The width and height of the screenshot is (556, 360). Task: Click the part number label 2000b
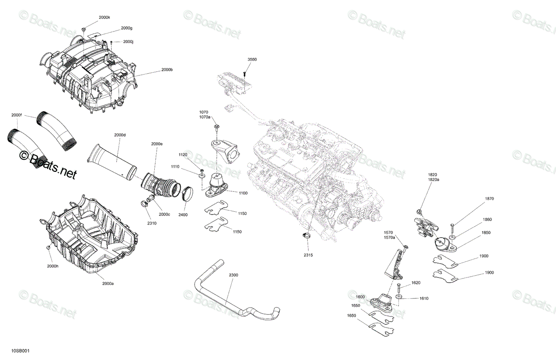[167, 70]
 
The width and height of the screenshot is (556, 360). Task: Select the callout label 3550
[252, 59]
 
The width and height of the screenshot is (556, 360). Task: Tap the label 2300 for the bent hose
[234, 275]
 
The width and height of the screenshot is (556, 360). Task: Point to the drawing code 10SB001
[20, 351]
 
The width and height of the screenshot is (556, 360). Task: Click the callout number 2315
[308, 255]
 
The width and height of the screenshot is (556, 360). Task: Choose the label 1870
[489, 199]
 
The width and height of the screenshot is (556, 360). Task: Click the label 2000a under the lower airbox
[108, 284]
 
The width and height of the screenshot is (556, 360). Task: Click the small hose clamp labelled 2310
[145, 203]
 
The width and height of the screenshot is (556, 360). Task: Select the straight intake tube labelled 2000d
[112, 162]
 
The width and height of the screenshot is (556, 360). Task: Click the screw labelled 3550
[245, 74]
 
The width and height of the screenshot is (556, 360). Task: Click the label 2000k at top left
[104, 18]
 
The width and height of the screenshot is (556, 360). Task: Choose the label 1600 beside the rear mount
[360, 297]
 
